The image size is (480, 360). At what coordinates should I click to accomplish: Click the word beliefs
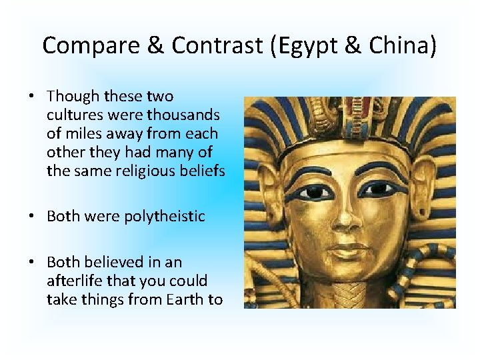[x=202, y=171]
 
